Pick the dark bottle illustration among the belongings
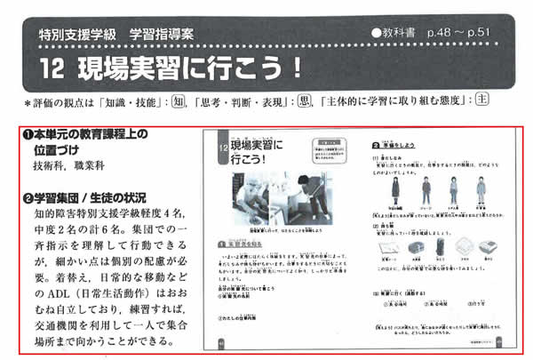coord(402,247)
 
